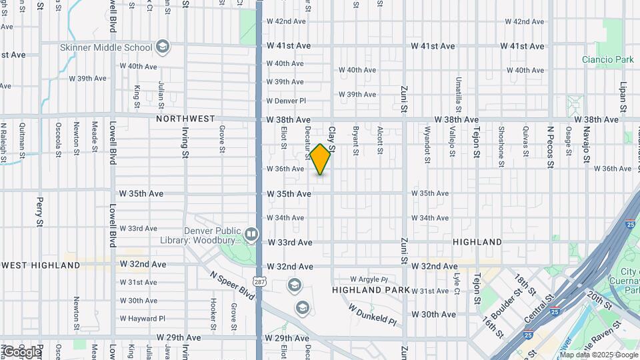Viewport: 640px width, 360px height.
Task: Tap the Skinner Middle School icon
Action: pos(162,47)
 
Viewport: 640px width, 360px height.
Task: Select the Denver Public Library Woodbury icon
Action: pos(251,234)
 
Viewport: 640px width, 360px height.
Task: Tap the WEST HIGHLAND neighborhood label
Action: pos(41,265)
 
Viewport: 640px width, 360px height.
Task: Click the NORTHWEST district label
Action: pos(185,119)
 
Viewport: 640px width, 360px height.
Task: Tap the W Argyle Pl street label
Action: pos(369,279)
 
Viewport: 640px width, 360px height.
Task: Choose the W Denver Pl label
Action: pos(286,101)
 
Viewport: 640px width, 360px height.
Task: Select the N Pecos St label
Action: pos(551,140)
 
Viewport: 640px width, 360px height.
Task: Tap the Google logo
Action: pos(21,351)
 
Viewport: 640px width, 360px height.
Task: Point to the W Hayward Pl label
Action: pos(138,319)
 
